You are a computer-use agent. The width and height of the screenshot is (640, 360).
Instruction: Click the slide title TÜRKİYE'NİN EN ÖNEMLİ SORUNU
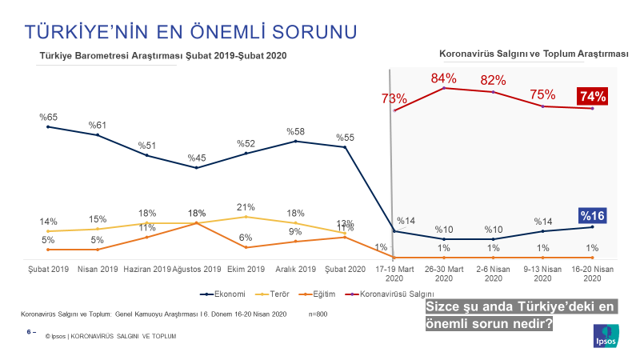point(191,32)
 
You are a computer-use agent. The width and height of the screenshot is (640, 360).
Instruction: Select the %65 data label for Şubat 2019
point(49,117)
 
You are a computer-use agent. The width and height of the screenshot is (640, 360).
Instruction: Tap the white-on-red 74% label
point(592,97)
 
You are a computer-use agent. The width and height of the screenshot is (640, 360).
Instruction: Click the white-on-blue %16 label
point(592,215)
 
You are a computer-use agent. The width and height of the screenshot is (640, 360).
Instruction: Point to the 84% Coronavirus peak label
point(443,78)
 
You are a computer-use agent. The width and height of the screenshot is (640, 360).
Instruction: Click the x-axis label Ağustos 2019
point(197,269)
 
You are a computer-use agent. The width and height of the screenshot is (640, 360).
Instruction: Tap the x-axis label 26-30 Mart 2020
point(443,273)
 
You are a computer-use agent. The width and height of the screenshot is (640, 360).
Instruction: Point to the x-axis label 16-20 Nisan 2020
point(592,273)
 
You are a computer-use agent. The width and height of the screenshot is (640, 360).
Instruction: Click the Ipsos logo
point(605,336)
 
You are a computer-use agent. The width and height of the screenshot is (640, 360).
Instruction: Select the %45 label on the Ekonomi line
point(197,158)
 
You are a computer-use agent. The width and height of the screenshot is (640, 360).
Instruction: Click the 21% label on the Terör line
point(246,207)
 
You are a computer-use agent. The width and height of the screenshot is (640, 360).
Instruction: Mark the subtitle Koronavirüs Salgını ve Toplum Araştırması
point(534,54)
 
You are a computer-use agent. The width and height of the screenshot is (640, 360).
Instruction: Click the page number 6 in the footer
point(30,330)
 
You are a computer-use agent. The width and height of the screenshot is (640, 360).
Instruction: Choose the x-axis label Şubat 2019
point(49,269)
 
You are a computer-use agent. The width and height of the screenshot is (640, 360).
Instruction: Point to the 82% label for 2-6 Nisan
point(493,81)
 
